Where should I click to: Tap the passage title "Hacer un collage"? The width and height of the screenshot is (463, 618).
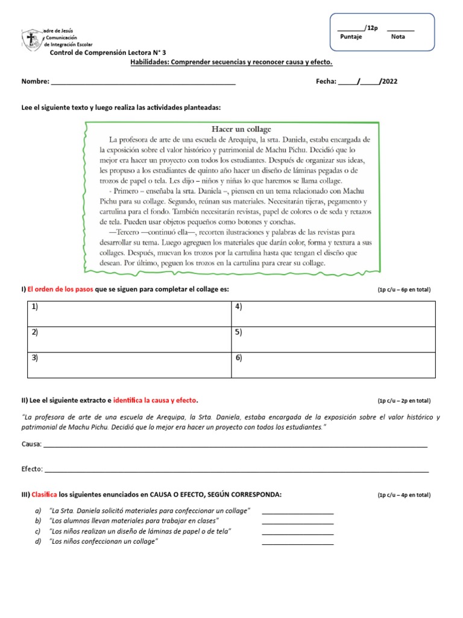(x=241, y=129)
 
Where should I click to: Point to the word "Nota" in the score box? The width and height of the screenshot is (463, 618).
(x=398, y=37)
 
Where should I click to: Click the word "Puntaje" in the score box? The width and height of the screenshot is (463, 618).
(x=351, y=37)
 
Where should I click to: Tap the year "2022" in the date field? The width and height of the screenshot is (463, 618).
(x=389, y=81)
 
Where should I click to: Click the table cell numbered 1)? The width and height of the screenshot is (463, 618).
(x=129, y=314)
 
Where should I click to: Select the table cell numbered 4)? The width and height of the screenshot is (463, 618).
(x=333, y=314)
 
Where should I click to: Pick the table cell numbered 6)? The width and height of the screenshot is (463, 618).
(x=333, y=365)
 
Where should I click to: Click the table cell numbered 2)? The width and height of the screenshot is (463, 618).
(x=129, y=340)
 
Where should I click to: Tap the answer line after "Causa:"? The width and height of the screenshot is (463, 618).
(x=235, y=445)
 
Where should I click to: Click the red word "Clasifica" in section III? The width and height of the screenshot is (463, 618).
(x=44, y=495)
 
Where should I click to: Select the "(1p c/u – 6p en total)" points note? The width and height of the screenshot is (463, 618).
(x=404, y=290)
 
